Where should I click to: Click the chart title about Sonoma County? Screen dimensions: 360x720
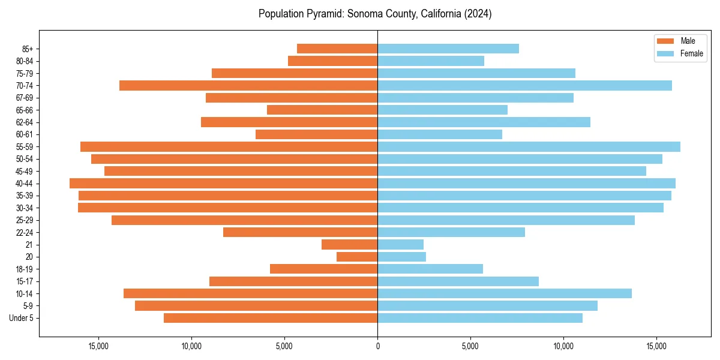(375, 14)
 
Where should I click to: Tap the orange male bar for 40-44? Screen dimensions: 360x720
(223, 184)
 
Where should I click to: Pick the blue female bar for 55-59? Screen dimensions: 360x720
(529, 147)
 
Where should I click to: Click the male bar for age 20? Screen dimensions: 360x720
(357, 257)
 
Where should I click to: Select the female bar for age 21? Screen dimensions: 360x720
(400, 245)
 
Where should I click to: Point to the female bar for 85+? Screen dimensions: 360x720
(448, 49)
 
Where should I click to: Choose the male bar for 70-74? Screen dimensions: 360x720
(248, 86)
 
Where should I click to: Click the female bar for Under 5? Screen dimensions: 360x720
(480, 318)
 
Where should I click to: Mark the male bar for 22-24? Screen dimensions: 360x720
(300, 232)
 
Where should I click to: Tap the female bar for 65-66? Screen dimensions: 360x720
(442, 110)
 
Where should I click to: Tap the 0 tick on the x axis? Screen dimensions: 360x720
(377, 346)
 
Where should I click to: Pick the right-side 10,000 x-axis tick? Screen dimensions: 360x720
(563, 346)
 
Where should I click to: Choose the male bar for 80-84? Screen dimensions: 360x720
(332, 61)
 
